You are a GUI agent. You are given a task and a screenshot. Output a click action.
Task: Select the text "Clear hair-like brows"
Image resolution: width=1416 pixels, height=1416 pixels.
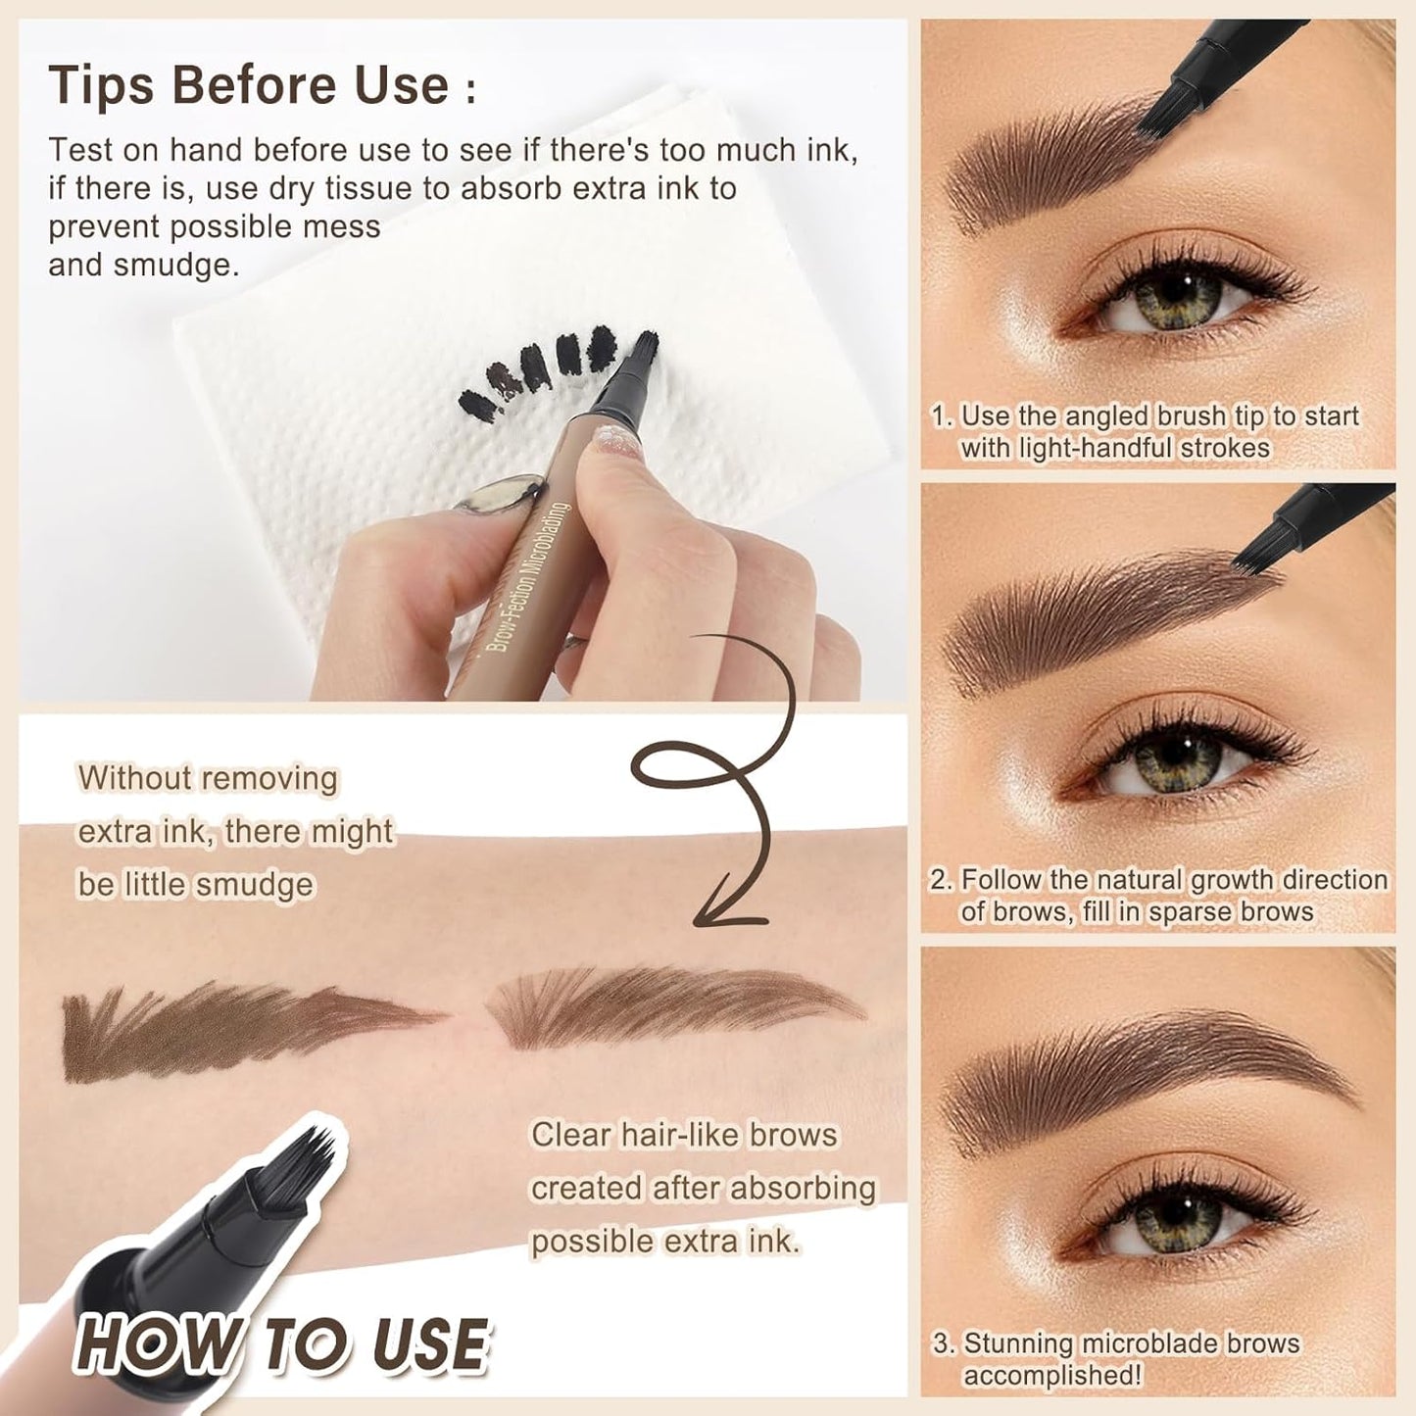[x=684, y=1134]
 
